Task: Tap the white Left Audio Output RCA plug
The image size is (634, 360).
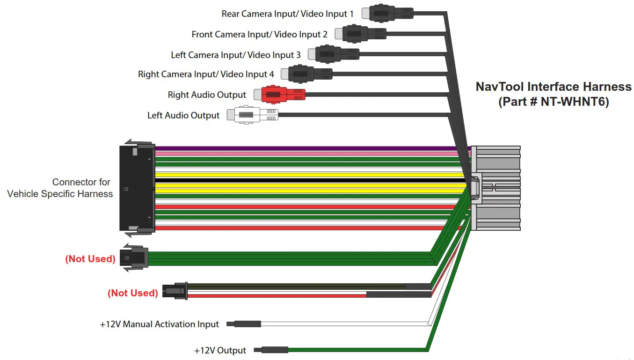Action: click(253, 115)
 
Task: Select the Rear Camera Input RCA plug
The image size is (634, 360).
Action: click(391, 13)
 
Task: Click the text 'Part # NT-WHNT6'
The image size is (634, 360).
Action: click(554, 102)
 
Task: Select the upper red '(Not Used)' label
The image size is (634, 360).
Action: click(90, 259)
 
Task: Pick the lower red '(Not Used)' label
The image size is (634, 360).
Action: click(133, 293)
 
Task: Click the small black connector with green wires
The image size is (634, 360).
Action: click(135, 258)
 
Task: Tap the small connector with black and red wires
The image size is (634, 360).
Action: click(175, 291)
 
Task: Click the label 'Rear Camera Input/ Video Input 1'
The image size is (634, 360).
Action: click(287, 14)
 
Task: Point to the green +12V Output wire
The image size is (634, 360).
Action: click(356, 350)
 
